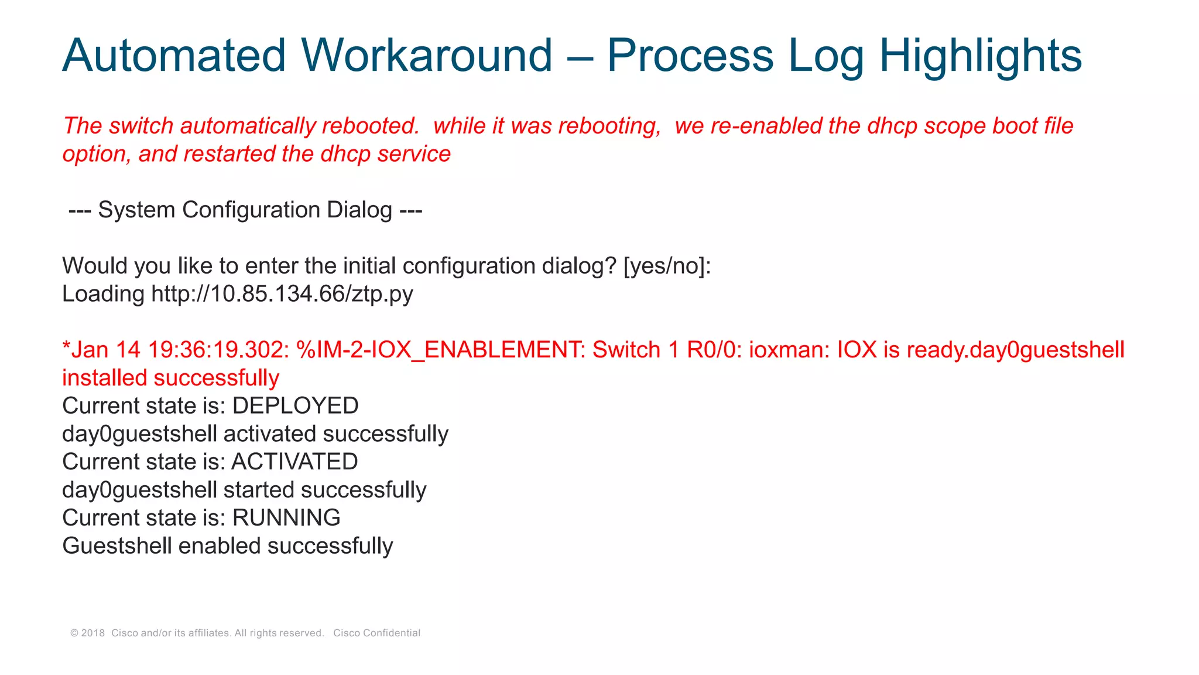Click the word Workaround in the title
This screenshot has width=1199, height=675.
coord(427,56)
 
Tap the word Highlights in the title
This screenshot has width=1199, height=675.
coord(980,56)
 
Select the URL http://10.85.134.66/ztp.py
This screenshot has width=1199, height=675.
coord(282,294)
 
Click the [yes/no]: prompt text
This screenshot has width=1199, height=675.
coord(667,266)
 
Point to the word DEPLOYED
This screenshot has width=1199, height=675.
coord(295,405)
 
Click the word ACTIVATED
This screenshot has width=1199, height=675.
coord(294,462)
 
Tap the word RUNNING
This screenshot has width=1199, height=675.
coord(286,517)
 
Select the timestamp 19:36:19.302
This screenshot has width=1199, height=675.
coord(218,350)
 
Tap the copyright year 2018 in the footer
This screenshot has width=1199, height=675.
coord(93,633)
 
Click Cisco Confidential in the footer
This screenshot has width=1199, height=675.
coord(376,633)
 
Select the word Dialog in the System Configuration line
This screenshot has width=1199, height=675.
coord(359,210)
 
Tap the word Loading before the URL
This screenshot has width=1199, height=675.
coord(103,294)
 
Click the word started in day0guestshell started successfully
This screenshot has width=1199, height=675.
coord(258,490)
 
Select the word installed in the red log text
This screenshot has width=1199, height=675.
coord(105,378)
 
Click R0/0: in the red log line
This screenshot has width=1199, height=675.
coord(710,350)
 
